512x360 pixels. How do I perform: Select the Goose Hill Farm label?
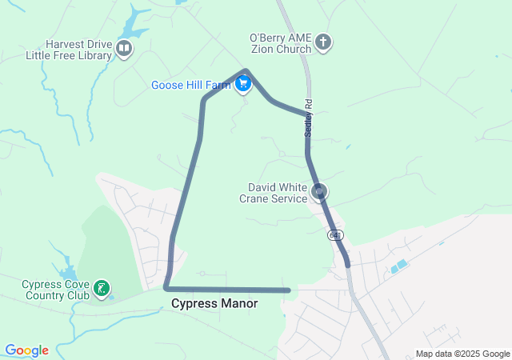[191, 85]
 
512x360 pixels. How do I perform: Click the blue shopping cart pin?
[243, 83]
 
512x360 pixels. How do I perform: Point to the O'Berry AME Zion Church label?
[280, 43]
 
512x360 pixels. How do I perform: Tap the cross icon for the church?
[323, 42]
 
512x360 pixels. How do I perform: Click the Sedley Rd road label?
[308, 118]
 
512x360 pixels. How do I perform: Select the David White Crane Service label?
[278, 193]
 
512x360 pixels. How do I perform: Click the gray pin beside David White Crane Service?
[320, 192]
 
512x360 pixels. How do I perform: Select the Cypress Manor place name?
[214, 304]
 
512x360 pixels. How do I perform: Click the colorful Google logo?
[26, 350]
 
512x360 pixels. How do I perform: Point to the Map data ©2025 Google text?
[462, 354]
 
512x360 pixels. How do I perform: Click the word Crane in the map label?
[266, 198]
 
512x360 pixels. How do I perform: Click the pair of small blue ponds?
[398, 266]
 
